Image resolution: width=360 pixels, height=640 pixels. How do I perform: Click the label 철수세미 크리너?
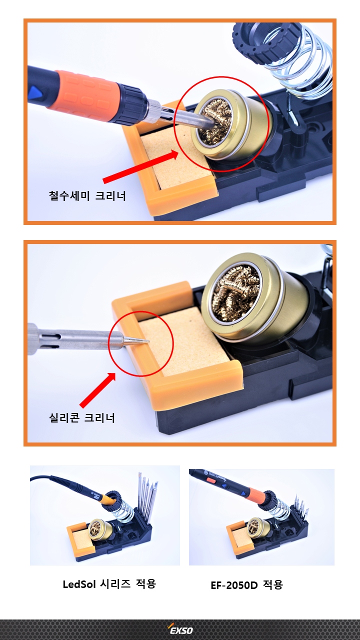pos(87,195)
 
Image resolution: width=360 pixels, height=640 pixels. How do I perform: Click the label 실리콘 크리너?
pos(81,417)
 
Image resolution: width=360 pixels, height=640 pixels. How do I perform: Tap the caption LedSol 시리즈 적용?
pos(109,583)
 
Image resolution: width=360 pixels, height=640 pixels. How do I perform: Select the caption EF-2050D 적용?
pos(247,585)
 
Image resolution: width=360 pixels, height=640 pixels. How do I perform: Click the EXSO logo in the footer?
pos(180,630)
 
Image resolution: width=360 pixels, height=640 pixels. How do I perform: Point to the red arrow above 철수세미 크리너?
pos(140,167)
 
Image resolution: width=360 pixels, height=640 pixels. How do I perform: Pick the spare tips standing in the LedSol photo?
pos(147,496)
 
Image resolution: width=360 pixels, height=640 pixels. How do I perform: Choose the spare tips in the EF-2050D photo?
pos(301,505)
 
